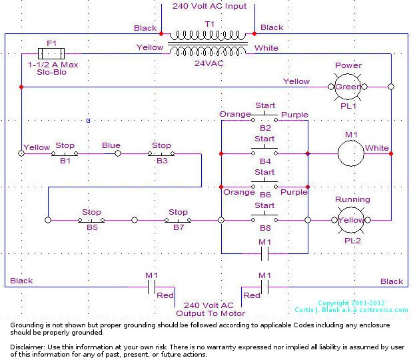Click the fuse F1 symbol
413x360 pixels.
pyautogui.click(x=51, y=52)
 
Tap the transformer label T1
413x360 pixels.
pyautogui.click(x=209, y=23)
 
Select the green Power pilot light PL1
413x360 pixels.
pyautogui.click(x=348, y=87)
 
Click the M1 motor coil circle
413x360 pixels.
pyautogui.click(x=352, y=153)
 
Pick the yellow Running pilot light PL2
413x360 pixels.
pyautogui.click(x=352, y=220)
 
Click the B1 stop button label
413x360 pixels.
pyautogui.click(x=65, y=161)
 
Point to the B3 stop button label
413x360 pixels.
pyautogui.click(x=162, y=161)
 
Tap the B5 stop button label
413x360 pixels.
pyautogui.click(x=91, y=227)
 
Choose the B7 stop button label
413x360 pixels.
pyautogui.click(x=178, y=227)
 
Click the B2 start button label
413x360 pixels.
pyautogui.click(x=265, y=127)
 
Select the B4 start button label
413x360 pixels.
pyautogui.click(x=265, y=161)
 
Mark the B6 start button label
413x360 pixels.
pyautogui.click(x=265, y=193)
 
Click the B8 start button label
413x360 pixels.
pyautogui.click(x=265, y=227)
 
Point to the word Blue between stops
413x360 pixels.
pyautogui.click(x=111, y=145)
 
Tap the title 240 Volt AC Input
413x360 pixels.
pyautogui.click(x=209, y=6)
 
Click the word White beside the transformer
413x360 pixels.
pyautogui.click(x=266, y=48)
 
